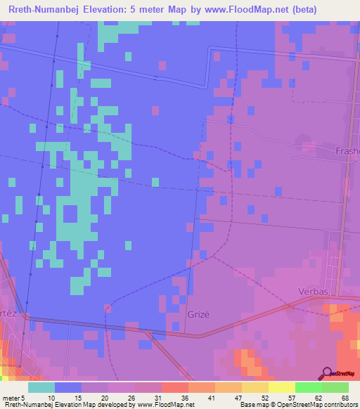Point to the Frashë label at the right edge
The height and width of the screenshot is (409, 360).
coord(346,150)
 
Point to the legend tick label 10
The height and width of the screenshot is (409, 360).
coord(51,397)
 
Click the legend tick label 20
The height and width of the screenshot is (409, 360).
coord(104,397)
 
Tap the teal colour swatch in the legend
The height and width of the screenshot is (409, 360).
coord(41,387)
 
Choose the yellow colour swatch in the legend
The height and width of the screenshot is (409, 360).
coord(281,387)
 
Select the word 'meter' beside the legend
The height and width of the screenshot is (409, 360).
coord(13,397)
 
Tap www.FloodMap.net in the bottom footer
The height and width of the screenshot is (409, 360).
coord(150,405)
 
